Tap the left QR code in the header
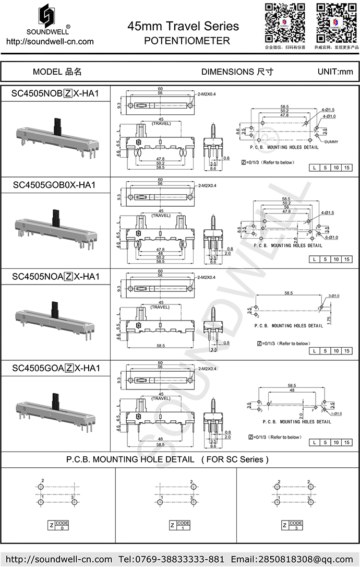click(284, 23)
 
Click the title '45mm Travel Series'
click(183, 27)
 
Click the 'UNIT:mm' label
click(335, 72)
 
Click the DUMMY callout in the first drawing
click(331, 142)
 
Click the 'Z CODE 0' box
click(58, 525)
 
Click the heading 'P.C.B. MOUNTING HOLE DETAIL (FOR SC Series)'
click(167, 459)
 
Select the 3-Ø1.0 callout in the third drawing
click(333, 296)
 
